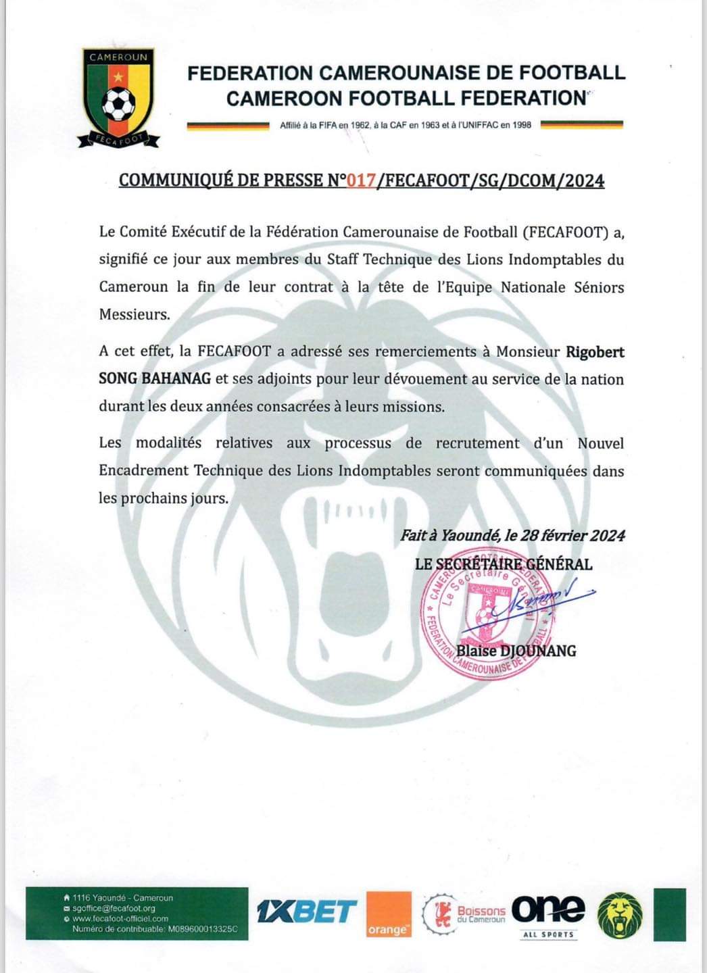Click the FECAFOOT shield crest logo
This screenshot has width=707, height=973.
(x=119, y=97)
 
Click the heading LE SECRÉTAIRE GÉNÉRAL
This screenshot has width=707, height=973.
(x=504, y=564)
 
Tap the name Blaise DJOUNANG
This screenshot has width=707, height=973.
(x=516, y=651)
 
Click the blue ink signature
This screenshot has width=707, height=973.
(x=541, y=597)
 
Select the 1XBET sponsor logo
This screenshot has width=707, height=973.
(x=307, y=912)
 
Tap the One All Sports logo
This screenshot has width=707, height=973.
(x=548, y=915)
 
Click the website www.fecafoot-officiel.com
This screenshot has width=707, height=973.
(x=120, y=918)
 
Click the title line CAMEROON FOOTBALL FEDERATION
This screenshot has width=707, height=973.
(x=406, y=98)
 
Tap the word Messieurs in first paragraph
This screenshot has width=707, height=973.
(x=132, y=314)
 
